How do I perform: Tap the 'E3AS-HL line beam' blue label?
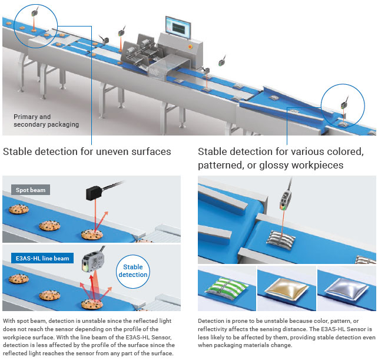(x=39, y=259)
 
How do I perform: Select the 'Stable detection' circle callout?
(x=134, y=271)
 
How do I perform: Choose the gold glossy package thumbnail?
(x=287, y=287)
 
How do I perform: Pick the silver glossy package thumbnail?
(x=347, y=287)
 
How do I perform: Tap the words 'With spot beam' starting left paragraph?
(x=25, y=321)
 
